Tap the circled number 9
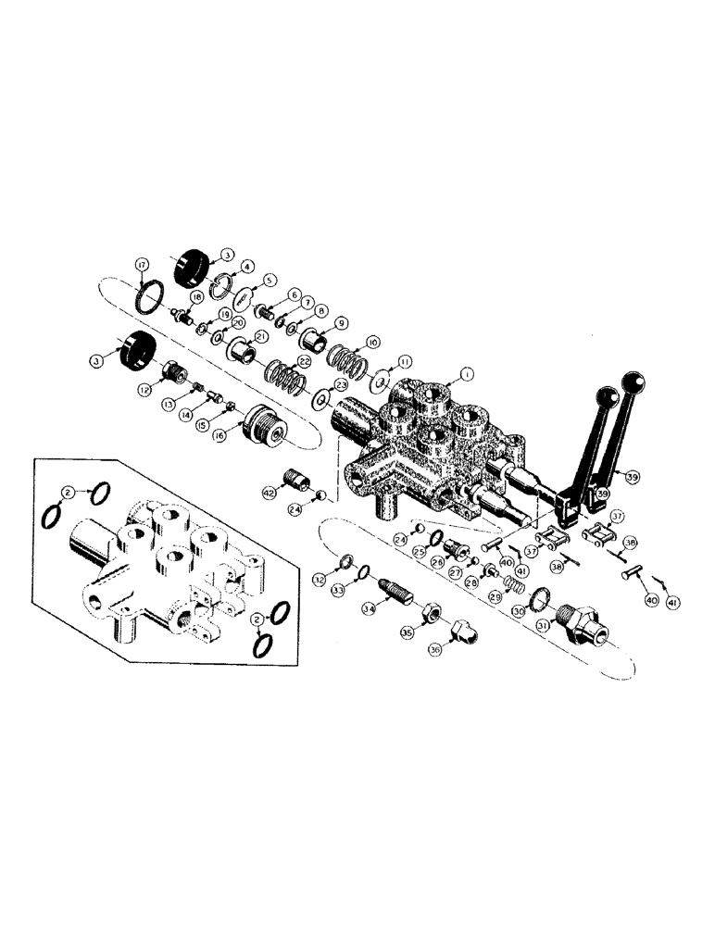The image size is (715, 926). (x=342, y=323)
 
